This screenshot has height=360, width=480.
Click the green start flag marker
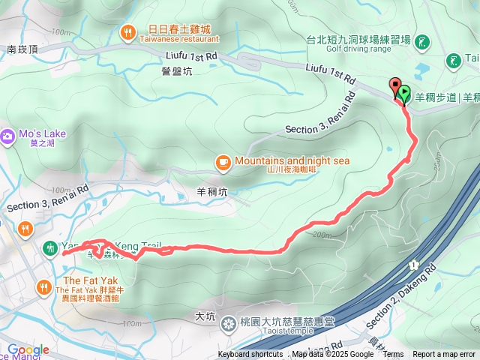coord(404,94)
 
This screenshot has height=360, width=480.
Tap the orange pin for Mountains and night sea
coord(223,161)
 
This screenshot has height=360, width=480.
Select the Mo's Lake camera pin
coord(7,135)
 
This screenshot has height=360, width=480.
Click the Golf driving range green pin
coord(421,40)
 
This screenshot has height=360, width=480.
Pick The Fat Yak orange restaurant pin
coord(43,286)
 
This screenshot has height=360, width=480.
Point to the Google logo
coord(28,350)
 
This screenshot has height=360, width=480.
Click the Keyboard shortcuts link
coord(250,355)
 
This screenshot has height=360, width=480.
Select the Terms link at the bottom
coord(393,355)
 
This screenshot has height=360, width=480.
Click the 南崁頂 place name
coord(22,49)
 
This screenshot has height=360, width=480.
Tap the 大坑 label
coord(204,316)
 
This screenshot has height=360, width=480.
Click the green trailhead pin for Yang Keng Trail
coord(50,247)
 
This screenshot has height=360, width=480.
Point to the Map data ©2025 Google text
coord(332,355)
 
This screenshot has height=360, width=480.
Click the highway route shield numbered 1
coord(412,265)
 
